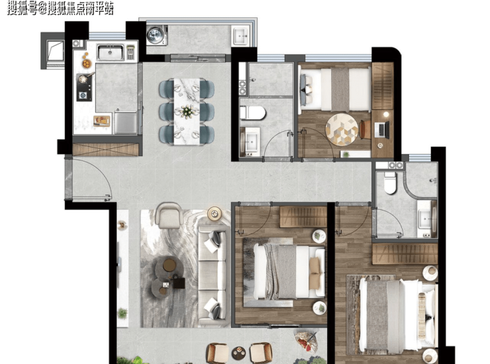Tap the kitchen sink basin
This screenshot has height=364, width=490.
pyautogui.click(x=110, y=52)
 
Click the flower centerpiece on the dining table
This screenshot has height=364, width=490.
pyautogui.click(x=187, y=111)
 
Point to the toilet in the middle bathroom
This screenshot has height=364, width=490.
pyautogui.click(x=252, y=113)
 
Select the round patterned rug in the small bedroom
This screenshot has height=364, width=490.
pyautogui.click(x=342, y=129)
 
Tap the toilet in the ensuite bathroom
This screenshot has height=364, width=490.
pyautogui.click(x=390, y=183)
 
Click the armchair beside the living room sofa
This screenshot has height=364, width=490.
pyautogui.click(x=169, y=215)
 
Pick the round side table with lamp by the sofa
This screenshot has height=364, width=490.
pyautogui.click(x=215, y=214)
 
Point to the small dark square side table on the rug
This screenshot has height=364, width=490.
pyautogui.click(x=179, y=283)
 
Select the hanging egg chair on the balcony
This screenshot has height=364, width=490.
pyautogui.click(x=306, y=341)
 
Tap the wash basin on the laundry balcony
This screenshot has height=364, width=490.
pyautogui.click(x=241, y=36)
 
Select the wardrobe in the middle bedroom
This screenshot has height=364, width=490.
pyautogui.click(x=303, y=216)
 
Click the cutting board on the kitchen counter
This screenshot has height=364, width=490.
pyautogui.click(x=102, y=121)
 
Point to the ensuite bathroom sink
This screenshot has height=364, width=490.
pyautogui.click(x=425, y=218)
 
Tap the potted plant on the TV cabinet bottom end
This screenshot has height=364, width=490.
pyautogui.click(x=122, y=313)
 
